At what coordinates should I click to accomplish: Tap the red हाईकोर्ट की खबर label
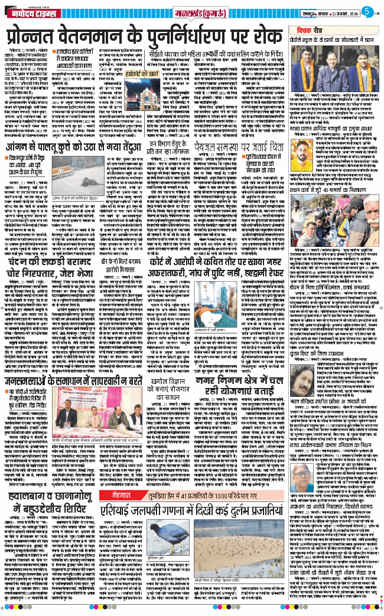[x=134, y=76]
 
